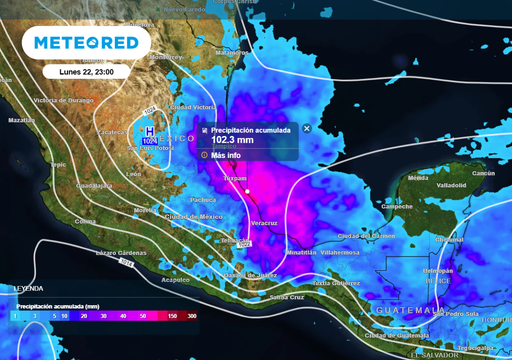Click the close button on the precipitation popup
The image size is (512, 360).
click(307, 129)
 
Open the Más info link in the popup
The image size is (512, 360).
click(224, 155)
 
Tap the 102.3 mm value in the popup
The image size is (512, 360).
click(232, 141)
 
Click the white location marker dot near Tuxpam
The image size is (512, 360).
click(246, 190)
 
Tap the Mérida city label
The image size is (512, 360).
click(418, 177)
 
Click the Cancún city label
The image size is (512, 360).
click(483, 173)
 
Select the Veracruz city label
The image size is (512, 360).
click(264, 223)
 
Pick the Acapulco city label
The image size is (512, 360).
click(175, 280)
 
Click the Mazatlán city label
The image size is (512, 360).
click(21, 120)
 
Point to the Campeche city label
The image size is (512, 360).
click(397, 206)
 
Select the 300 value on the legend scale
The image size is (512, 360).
click(191, 315)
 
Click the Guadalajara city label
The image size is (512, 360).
click(95, 185)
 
